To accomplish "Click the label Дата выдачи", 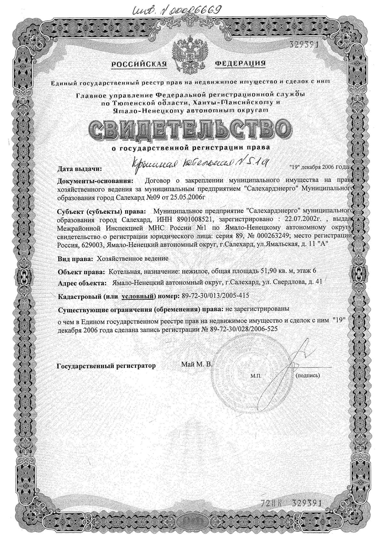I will coord(80,168).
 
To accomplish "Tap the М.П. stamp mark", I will coord(256,376).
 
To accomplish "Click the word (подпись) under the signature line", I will coord(308,375).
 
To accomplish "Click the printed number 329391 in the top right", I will coord(300,45).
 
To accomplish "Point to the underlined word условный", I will coord(137,296).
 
